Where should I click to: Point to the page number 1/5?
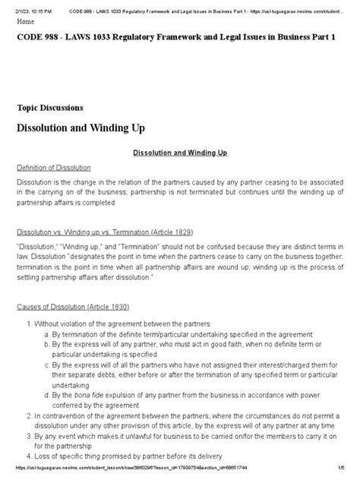coord(347,474)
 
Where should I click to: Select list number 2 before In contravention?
coord(28,416)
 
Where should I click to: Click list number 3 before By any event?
coord(28,437)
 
